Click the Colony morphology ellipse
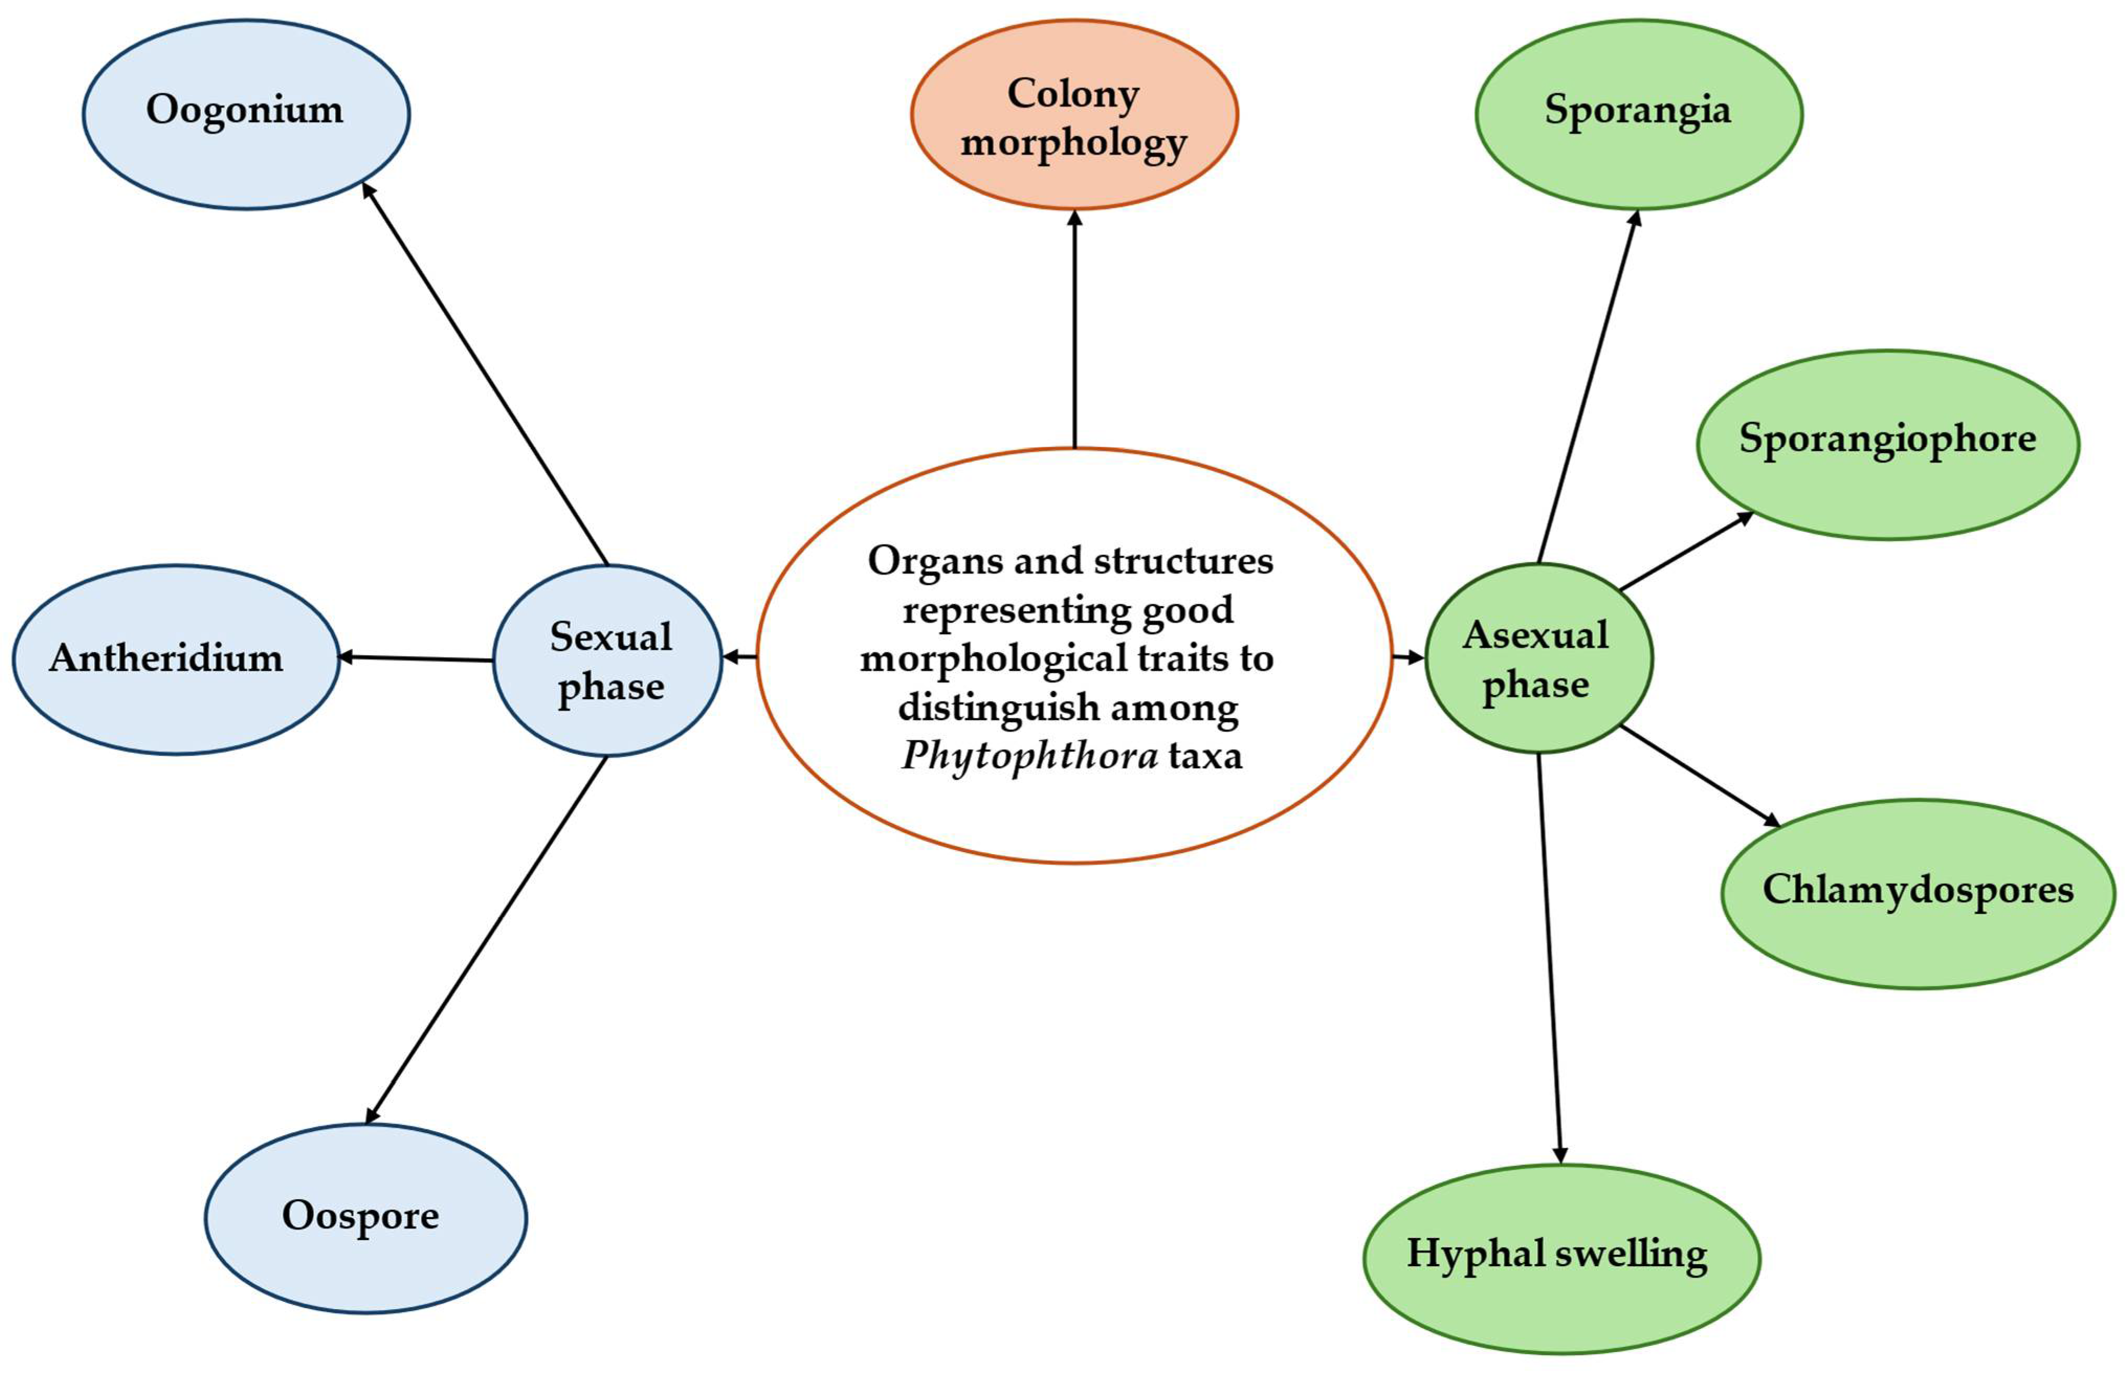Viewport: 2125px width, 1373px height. pos(1074,114)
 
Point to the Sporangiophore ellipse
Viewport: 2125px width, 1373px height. pos(1887,444)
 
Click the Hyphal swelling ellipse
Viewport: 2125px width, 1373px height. pos(1561,1258)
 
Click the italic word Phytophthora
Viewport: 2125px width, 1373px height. pos(1029,756)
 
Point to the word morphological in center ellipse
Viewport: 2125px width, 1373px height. pos(1003,659)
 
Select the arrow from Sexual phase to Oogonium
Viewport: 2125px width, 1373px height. pos(486,374)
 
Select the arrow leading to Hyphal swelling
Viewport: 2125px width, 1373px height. pos(1550,958)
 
